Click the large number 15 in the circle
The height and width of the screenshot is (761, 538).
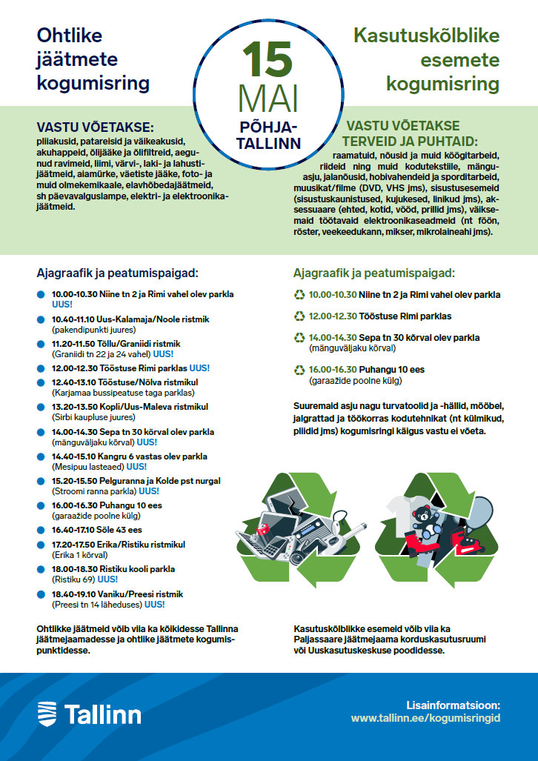point(268,60)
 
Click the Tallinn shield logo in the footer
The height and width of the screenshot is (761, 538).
point(46,714)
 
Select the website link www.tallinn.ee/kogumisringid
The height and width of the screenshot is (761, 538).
point(425,718)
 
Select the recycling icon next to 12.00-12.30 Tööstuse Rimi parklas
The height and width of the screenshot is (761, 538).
point(299,316)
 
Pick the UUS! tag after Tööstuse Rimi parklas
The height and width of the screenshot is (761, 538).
point(199,368)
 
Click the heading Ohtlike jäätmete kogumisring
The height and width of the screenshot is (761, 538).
point(93,59)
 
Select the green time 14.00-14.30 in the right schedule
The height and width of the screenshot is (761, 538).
point(333,338)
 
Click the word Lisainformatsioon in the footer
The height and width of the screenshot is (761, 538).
point(454,705)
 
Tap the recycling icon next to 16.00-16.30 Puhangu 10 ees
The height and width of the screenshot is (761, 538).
point(299,370)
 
